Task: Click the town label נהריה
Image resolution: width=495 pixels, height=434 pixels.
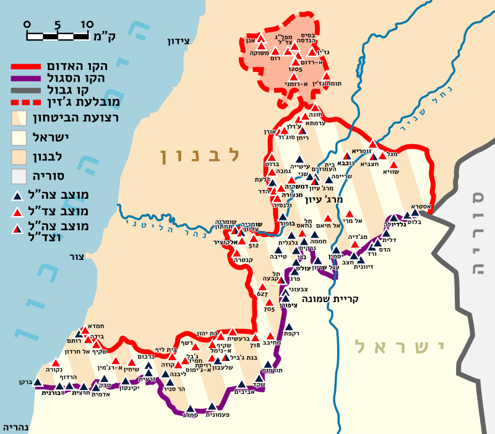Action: [x=15, y=428]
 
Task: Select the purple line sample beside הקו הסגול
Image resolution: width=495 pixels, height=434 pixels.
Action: [x=29, y=77]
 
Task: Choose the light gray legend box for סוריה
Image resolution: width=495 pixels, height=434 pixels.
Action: [x=20, y=175]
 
